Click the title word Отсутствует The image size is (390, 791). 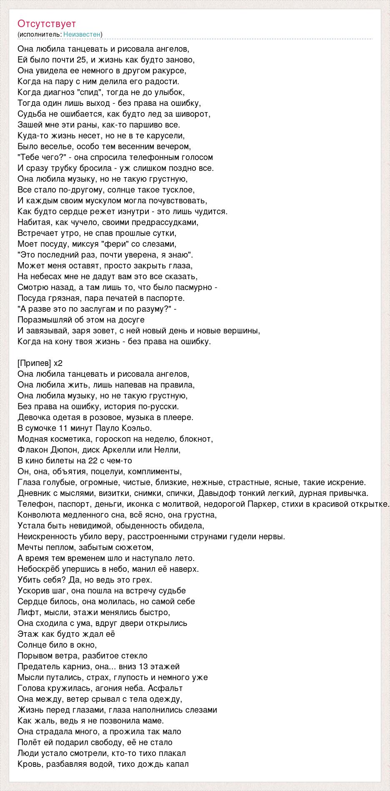pos(47,24)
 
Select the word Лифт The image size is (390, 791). pos(26,612)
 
